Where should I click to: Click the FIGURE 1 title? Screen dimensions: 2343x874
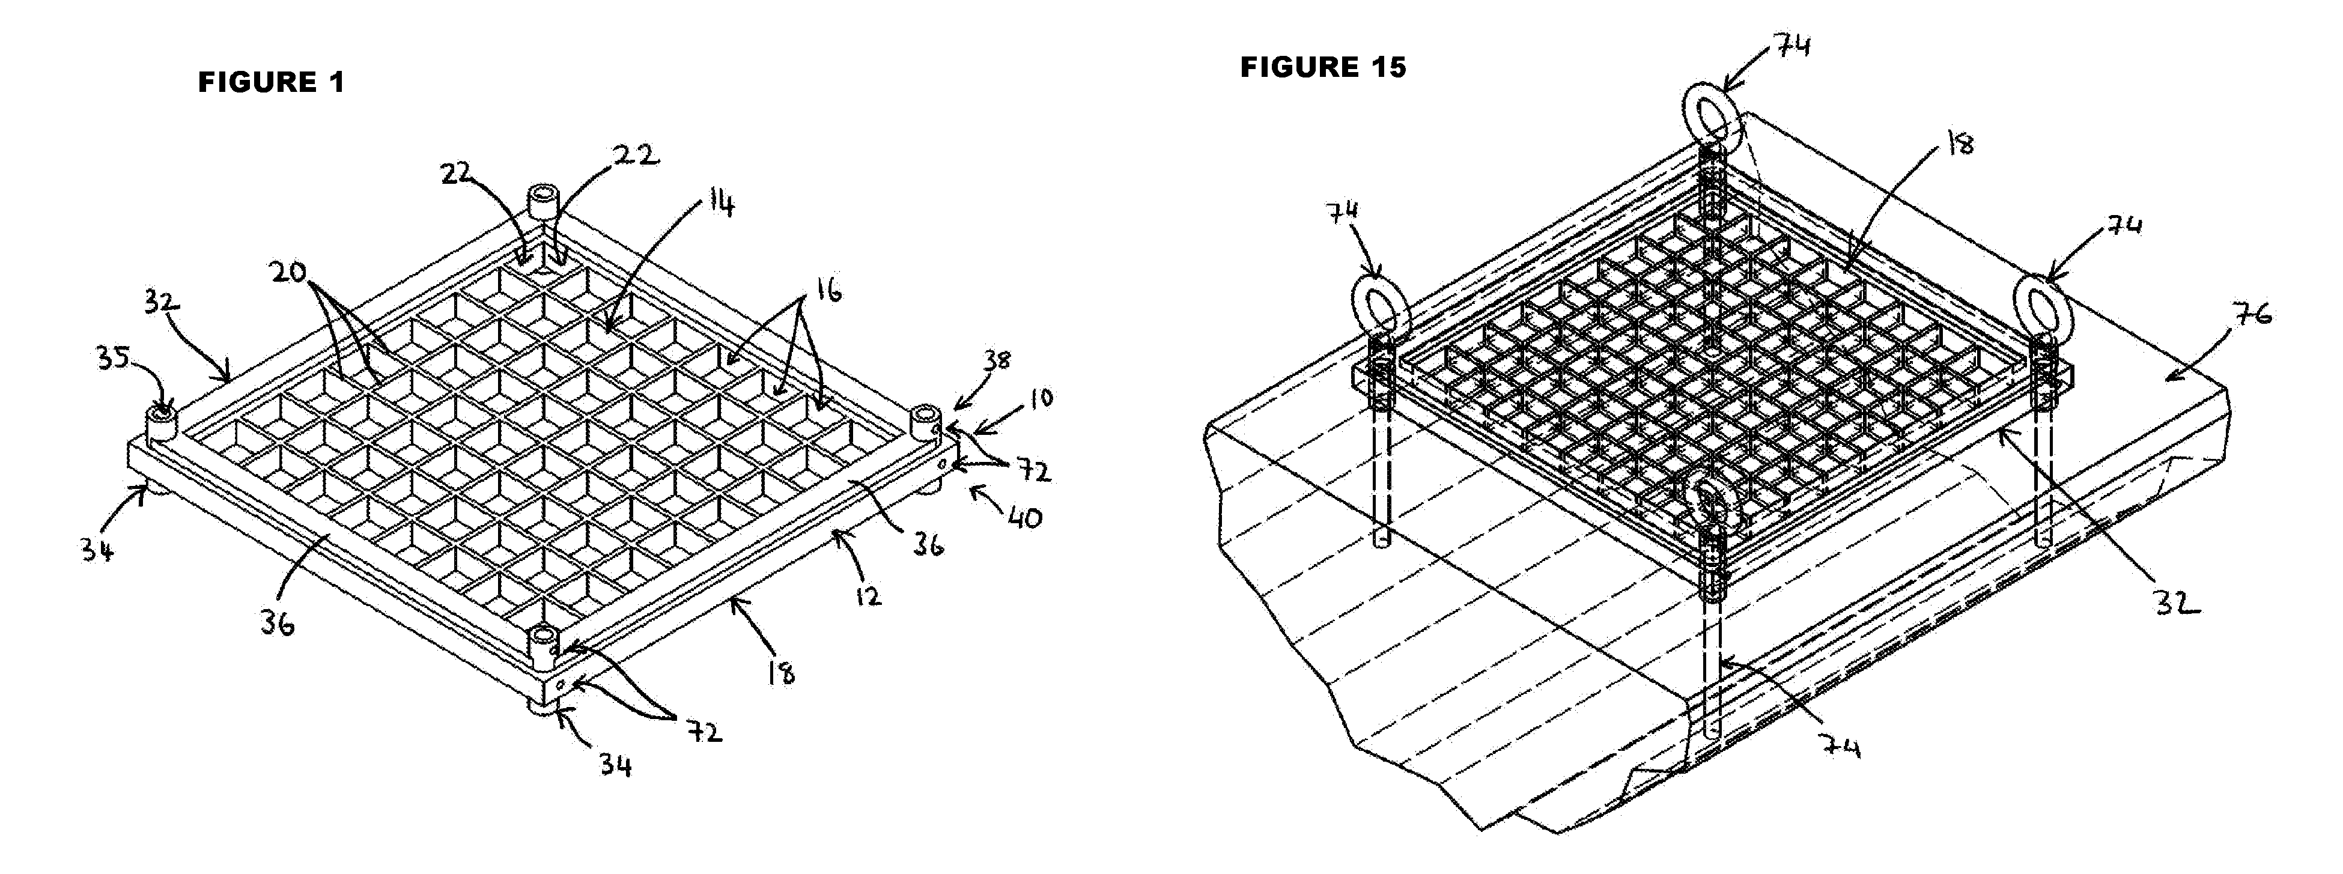[x=271, y=83]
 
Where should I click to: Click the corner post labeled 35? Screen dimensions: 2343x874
[x=161, y=426]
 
